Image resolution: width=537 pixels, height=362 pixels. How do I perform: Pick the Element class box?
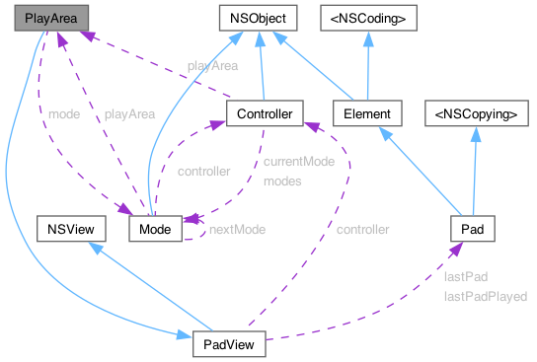[367, 114]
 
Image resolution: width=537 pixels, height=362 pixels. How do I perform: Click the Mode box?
[155, 230]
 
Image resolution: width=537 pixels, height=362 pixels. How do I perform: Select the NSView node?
[64, 230]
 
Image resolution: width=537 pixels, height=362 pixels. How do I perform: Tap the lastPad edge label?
[465, 277]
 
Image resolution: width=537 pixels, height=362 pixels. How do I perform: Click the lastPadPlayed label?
[485, 295]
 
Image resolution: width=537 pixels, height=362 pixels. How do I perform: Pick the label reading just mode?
[64, 114]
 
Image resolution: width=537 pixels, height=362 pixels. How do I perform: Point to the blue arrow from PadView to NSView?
[138, 286]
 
